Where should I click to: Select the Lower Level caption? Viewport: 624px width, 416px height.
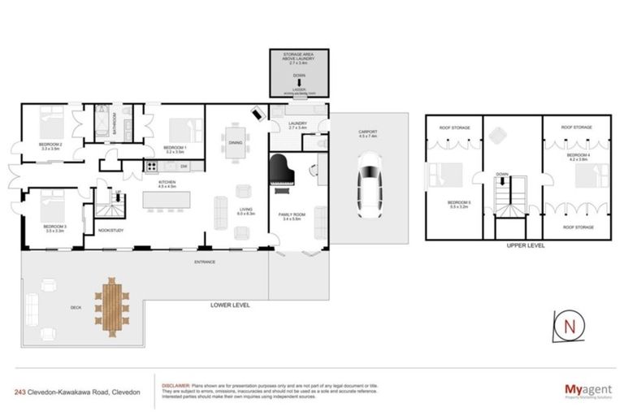point(228,305)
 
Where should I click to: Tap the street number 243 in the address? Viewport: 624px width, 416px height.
point(19,392)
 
